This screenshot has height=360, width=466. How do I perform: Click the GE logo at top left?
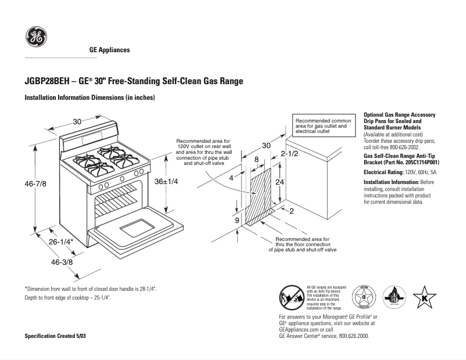point(36,38)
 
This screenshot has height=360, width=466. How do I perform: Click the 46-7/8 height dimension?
point(35,183)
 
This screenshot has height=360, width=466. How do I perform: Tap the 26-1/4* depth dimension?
point(60,242)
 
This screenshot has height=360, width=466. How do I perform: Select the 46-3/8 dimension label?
point(62,262)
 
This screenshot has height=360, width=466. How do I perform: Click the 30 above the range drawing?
point(77,121)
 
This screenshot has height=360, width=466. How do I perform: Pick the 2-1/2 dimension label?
point(289,154)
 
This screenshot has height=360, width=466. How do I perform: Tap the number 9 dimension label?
point(237,221)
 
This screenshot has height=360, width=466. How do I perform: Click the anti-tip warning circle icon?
point(292,298)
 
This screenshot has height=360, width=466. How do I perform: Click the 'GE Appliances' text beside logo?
point(109,50)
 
